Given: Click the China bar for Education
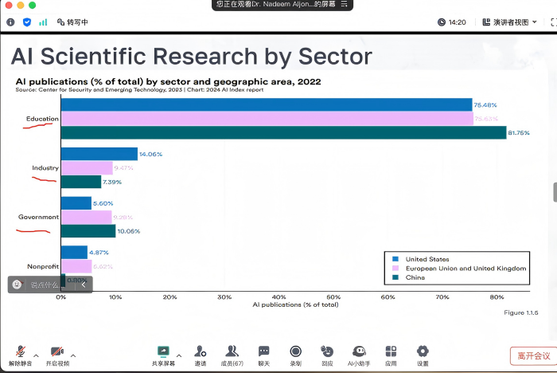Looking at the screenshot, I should coord(283,132).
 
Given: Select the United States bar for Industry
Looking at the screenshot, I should coord(99,154).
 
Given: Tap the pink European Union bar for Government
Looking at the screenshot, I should coord(87,217).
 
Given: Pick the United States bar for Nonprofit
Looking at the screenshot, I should coord(75,252).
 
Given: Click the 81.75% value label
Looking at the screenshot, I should coord(519,132).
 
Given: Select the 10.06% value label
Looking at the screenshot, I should coord(128,231).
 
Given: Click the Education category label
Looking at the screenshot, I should coord(42,120).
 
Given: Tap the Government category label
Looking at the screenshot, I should coord(39,217).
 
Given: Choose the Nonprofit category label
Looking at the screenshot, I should coord(42,266).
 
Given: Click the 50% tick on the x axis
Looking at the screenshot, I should coord(333,296).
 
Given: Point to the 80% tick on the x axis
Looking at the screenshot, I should coord(497,296).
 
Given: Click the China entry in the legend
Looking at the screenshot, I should coord(415,278).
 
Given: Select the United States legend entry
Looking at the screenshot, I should coord(427,259).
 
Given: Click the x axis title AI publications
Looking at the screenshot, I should coord(295,304).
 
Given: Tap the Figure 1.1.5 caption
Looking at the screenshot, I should coord(520,312).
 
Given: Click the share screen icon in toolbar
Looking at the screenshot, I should coord(163,351).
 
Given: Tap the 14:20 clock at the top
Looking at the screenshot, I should coord(457,22).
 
